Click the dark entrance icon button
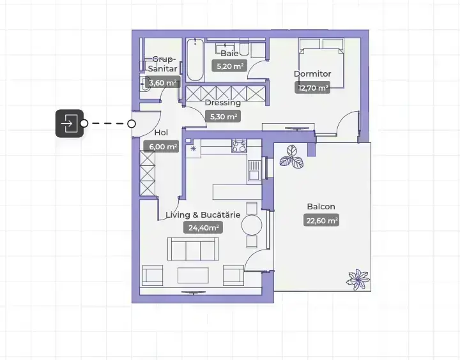[x=70, y=123]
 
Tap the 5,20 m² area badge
[x=229, y=66]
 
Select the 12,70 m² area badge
[x=312, y=87]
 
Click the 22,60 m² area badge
[x=321, y=220]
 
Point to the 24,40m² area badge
[x=203, y=227]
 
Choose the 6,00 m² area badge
[x=162, y=146]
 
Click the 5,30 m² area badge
[x=223, y=116]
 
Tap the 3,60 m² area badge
[x=162, y=83]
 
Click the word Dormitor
[x=312, y=73]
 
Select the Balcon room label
[x=321, y=206]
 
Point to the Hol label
[x=161, y=133]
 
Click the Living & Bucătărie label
[x=203, y=214]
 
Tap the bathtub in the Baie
[x=195, y=59]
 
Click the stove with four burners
[x=239, y=146]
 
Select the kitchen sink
[x=254, y=170]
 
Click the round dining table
[x=252, y=225]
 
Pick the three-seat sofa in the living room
[x=193, y=249]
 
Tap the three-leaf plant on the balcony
[x=291, y=157]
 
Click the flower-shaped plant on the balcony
[x=358, y=280]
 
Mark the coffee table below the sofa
[x=193, y=275]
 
